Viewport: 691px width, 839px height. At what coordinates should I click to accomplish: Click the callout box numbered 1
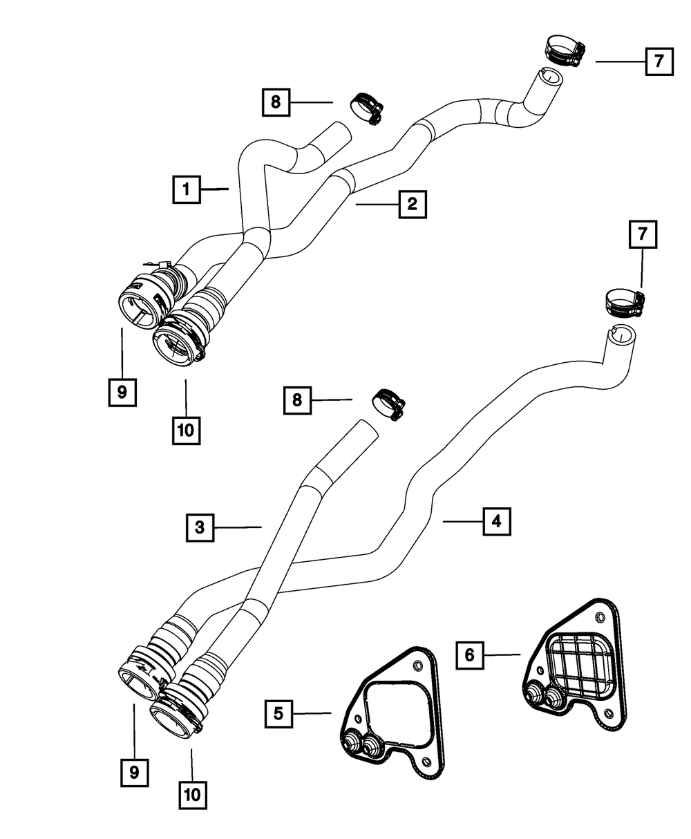click(187, 189)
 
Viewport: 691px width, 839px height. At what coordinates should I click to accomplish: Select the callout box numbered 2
click(413, 205)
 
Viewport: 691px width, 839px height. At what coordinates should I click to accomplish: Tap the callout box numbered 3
click(200, 527)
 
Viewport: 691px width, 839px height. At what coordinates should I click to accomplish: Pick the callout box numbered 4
click(497, 521)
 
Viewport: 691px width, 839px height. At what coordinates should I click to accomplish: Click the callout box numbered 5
click(278, 714)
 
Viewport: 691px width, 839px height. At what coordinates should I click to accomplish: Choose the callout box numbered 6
click(470, 655)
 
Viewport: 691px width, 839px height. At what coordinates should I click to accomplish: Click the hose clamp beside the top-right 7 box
click(565, 50)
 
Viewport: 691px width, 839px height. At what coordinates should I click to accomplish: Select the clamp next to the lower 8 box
click(388, 404)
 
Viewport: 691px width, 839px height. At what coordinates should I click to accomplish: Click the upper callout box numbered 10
click(186, 431)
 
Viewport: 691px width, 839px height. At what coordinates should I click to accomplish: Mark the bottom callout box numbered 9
click(135, 772)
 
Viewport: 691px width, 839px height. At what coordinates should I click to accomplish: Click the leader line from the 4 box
click(463, 521)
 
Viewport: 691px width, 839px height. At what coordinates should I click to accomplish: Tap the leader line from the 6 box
click(502, 655)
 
